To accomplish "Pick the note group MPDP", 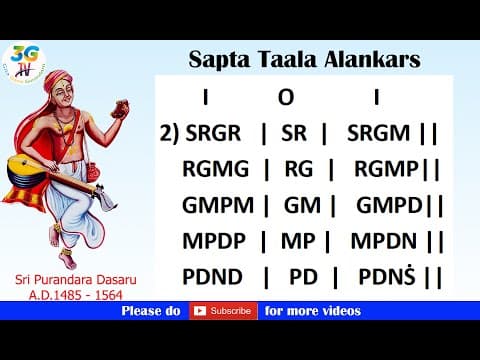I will (x=216, y=240).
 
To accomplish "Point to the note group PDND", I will (x=216, y=275).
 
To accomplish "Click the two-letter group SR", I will (x=301, y=132).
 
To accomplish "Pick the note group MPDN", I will (x=384, y=240).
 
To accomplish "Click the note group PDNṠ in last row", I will (x=384, y=275).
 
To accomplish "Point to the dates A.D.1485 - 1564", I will (x=71, y=297).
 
